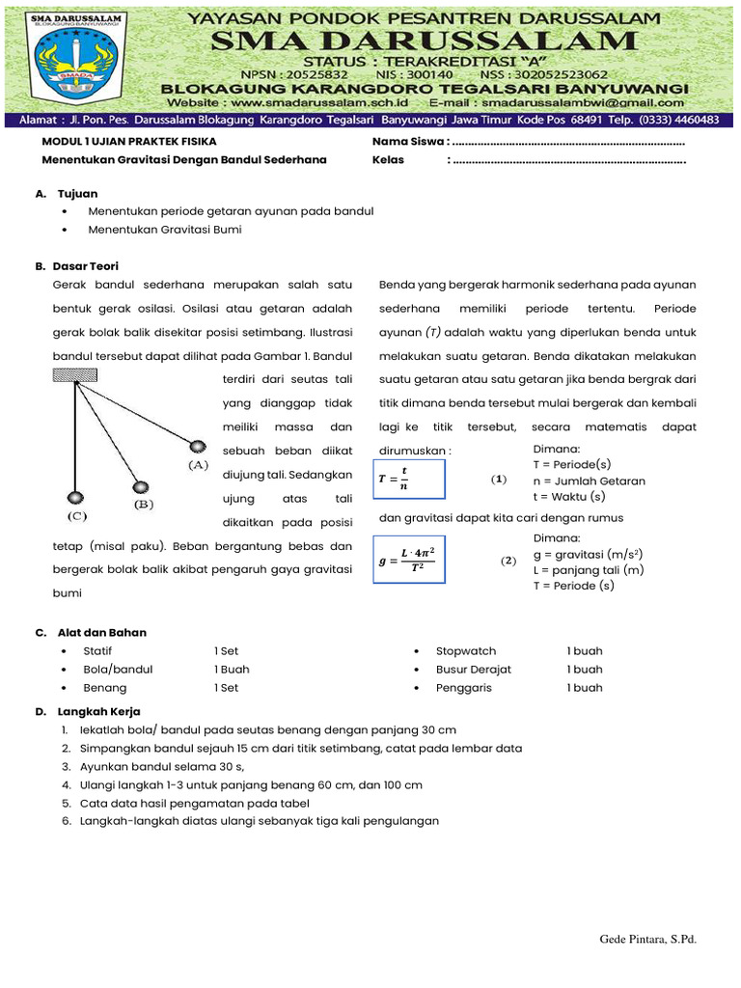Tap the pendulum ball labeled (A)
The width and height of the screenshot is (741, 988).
coord(197,447)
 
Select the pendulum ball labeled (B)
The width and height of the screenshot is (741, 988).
coord(141,487)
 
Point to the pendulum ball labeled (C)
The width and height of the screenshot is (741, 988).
coord(75,497)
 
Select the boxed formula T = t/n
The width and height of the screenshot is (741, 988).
coord(408,480)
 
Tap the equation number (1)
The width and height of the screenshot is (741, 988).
coord(498,480)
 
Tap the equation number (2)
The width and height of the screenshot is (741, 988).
coord(508,561)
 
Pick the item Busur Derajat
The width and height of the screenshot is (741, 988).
coord(474,670)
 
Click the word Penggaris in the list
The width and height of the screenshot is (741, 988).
coord(464,688)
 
